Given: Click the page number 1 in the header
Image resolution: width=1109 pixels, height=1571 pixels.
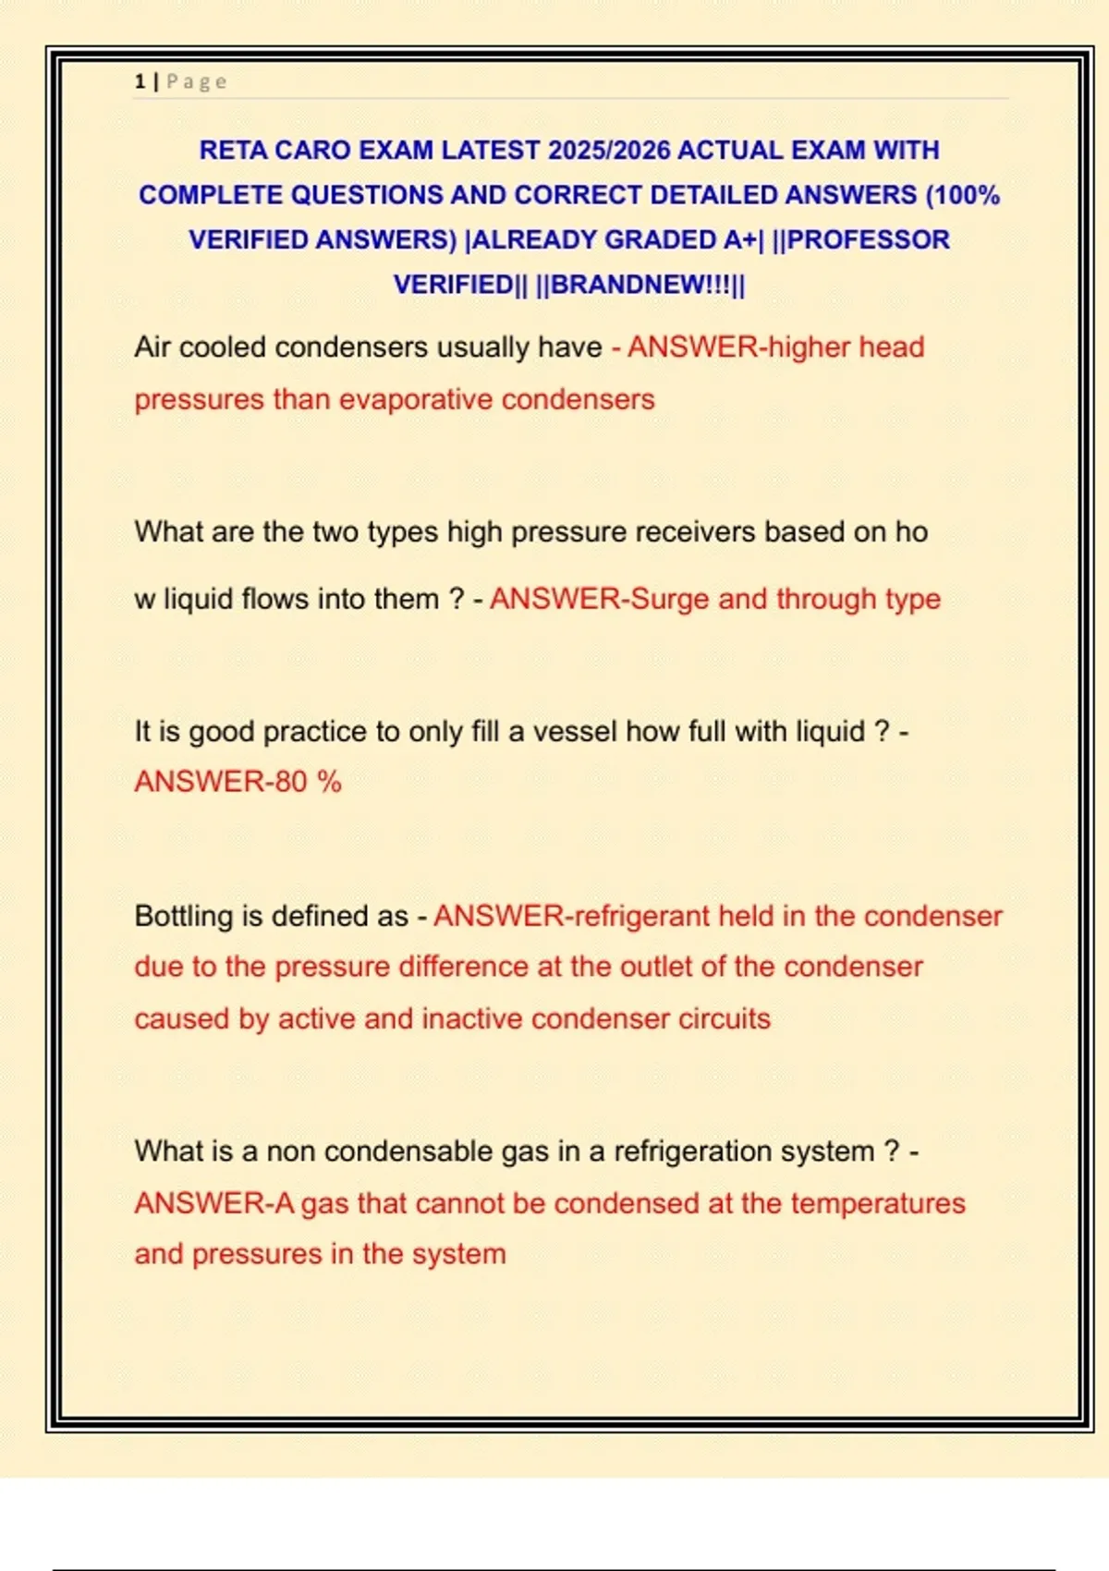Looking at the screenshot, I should pyautogui.click(x=140, y=82).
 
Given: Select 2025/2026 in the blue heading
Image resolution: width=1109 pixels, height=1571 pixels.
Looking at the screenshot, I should pyautogui.click(x=609, y=150).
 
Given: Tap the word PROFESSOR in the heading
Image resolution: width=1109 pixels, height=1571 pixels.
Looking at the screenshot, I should pyautogui.click(x=868, y=239).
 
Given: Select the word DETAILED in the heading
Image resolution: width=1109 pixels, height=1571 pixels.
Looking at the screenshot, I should pyautogui.click(x=711, y=195).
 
